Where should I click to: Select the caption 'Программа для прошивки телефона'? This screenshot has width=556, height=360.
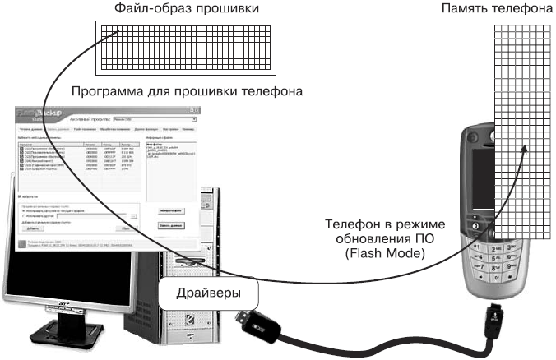coord(188,90)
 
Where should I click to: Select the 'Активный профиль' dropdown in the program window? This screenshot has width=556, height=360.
coord(169,120)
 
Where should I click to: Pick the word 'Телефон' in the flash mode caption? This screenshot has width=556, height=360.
coord(349,224)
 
